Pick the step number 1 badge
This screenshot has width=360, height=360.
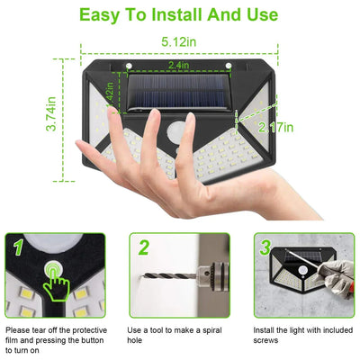[x=16, y=246]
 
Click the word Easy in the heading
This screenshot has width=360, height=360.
[x=106, y=14]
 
